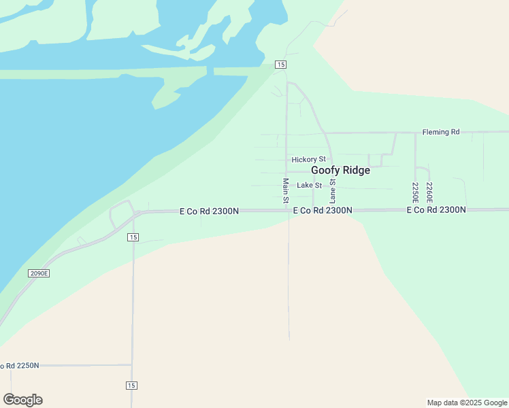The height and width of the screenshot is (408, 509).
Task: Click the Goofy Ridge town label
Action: click(340, 171)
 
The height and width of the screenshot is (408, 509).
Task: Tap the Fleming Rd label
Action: click(440, 132)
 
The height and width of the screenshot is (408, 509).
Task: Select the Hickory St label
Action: click(308, 159)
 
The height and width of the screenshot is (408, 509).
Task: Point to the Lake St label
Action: click(309, 185)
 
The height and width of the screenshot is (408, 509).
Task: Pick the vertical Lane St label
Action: click(333, 191)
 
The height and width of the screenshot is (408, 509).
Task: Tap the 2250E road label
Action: click(416, 192)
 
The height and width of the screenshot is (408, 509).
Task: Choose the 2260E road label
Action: click(429, 192)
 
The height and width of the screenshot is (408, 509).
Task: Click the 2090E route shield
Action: click(39, 273)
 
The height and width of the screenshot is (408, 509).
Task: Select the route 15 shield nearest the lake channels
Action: click(281, 65)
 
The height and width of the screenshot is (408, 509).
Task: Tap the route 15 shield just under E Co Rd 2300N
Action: click(133, 237)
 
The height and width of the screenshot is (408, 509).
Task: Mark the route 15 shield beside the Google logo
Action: click(132, 386)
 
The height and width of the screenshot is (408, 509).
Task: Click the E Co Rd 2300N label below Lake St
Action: click(323, 211)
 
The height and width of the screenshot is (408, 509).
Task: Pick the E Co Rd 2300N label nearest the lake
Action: click(209, 211)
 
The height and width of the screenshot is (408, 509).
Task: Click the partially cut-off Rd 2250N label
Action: click(20, 366)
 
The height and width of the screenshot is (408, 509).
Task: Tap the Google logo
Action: click(22, 400)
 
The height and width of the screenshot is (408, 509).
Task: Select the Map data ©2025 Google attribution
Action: click(467, 403)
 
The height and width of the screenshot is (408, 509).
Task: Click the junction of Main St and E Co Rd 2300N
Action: click(287, 211)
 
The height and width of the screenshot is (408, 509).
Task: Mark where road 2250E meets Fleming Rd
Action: click(415, 133)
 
